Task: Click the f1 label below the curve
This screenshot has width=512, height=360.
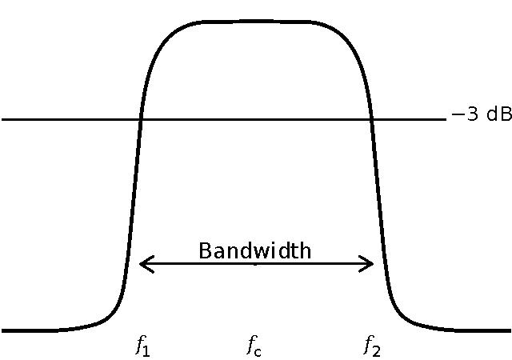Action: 142,346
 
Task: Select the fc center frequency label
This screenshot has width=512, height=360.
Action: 254,346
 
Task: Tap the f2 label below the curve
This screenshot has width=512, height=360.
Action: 371,346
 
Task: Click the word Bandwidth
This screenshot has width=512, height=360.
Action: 254,250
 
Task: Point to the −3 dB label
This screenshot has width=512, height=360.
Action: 481,114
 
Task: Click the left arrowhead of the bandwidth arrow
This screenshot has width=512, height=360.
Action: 142,263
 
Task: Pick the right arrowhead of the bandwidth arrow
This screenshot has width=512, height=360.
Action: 371,263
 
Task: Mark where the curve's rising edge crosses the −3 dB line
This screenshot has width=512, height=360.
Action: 141,119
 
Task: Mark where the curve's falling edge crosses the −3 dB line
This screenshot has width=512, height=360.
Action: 372,119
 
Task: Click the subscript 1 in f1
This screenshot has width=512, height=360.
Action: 146,350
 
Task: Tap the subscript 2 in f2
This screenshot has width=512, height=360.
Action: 376,350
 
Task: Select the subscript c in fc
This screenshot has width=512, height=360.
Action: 258,350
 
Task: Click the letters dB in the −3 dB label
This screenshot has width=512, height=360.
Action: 498,114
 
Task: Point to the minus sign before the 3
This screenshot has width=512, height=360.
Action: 458,115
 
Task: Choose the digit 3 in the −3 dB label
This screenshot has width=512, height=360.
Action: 472,114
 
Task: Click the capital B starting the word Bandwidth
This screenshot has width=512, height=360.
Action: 204,250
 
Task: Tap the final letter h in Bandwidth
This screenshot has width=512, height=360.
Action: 305,250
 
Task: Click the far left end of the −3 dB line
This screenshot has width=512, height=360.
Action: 3,119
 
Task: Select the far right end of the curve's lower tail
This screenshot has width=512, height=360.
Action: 509,330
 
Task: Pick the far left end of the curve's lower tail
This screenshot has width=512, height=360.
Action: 3,330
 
